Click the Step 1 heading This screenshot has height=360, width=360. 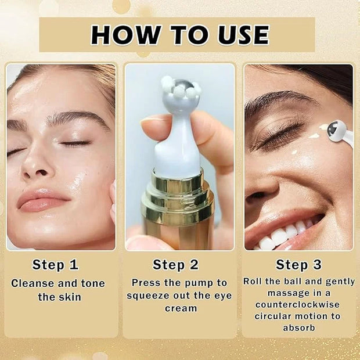[x=55, y=265]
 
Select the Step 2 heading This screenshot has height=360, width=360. [x=175, y=265]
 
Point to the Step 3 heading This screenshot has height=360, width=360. [x=298, y=265]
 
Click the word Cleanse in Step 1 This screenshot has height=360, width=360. [x=32, y=283]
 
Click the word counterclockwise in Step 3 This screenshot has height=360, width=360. [x=297, y=305]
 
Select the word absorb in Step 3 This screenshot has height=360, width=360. [x=298, y=327]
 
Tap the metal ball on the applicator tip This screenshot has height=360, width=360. [x=183, y=85]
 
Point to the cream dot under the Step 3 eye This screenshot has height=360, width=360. [x=296, y=152]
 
